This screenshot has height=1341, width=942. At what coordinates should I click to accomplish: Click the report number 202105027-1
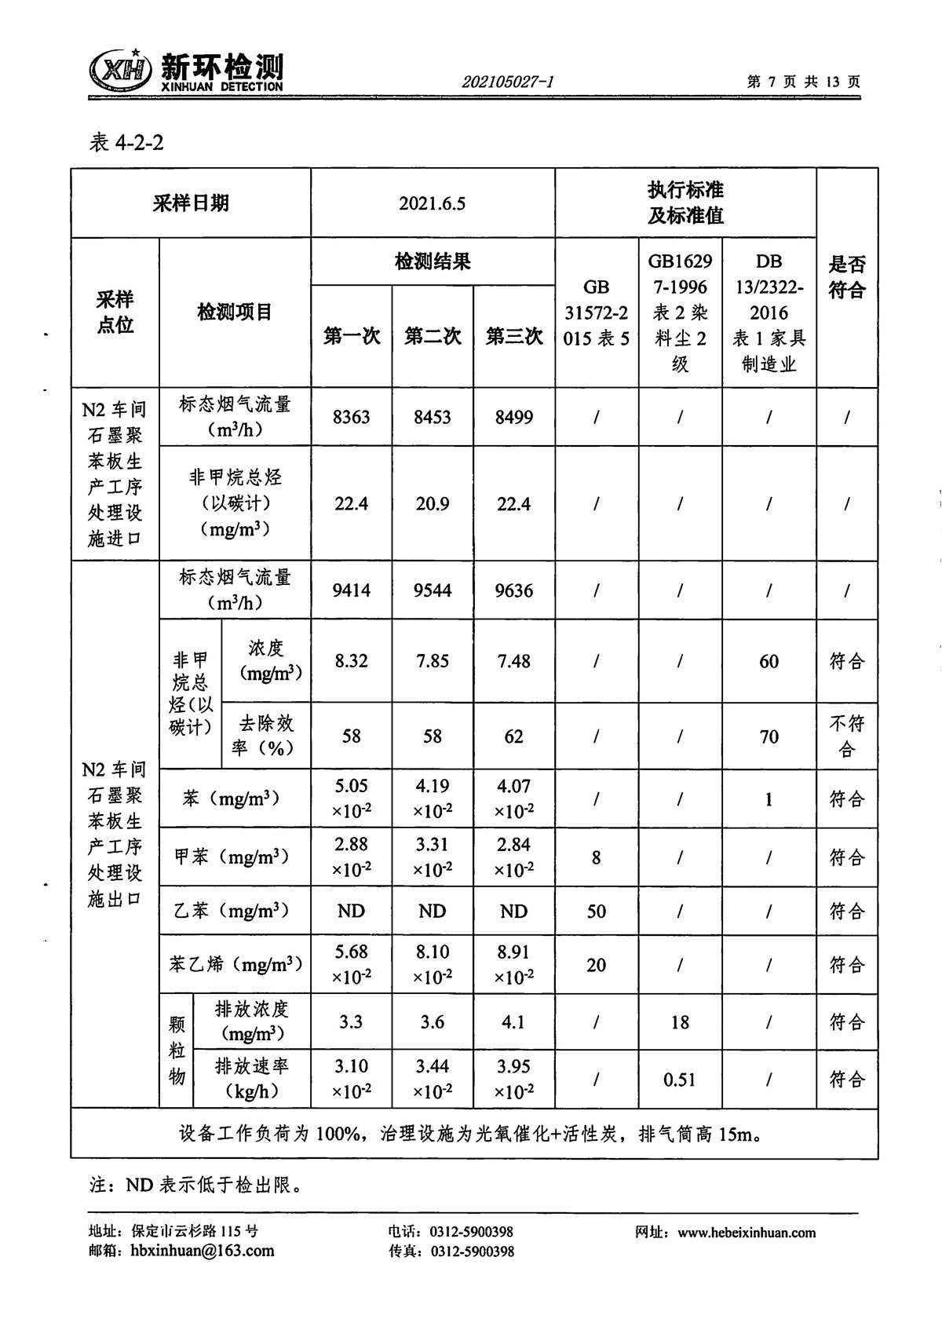coord(508,82)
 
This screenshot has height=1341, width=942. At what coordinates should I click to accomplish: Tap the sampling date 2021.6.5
coord(432,203)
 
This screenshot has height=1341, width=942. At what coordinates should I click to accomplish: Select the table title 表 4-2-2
coord(127,143)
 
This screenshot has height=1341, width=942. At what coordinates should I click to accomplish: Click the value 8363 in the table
coord(351,417)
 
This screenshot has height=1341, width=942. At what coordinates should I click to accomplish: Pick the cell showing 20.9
coord(432,504)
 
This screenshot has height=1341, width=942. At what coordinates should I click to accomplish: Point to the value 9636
coord(513,590)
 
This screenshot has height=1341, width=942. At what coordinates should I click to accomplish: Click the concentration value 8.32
coord(351,661)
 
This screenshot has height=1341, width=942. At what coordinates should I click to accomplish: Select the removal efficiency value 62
coord(513,736)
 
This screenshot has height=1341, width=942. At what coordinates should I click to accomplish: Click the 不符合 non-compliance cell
coord(846,736)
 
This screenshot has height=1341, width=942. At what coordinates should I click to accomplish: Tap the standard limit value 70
coord(769,736)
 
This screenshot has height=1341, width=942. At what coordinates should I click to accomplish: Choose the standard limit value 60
coord(769,661)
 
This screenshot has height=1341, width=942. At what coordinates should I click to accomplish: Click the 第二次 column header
coord(432,336)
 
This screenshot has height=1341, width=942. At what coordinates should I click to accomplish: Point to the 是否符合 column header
coord(846,277)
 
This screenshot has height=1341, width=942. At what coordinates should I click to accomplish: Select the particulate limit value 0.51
coord(679,1080)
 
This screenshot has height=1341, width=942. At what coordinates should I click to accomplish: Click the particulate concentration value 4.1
coord(513,1022)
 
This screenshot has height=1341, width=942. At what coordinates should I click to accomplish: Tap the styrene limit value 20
coord(596,964)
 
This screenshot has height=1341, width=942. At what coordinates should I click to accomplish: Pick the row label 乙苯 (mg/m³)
coord(232,911)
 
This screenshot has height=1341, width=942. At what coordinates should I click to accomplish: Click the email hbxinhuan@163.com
coord(202,1251)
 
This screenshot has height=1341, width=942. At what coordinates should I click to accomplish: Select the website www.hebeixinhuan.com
coord(747,1233)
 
